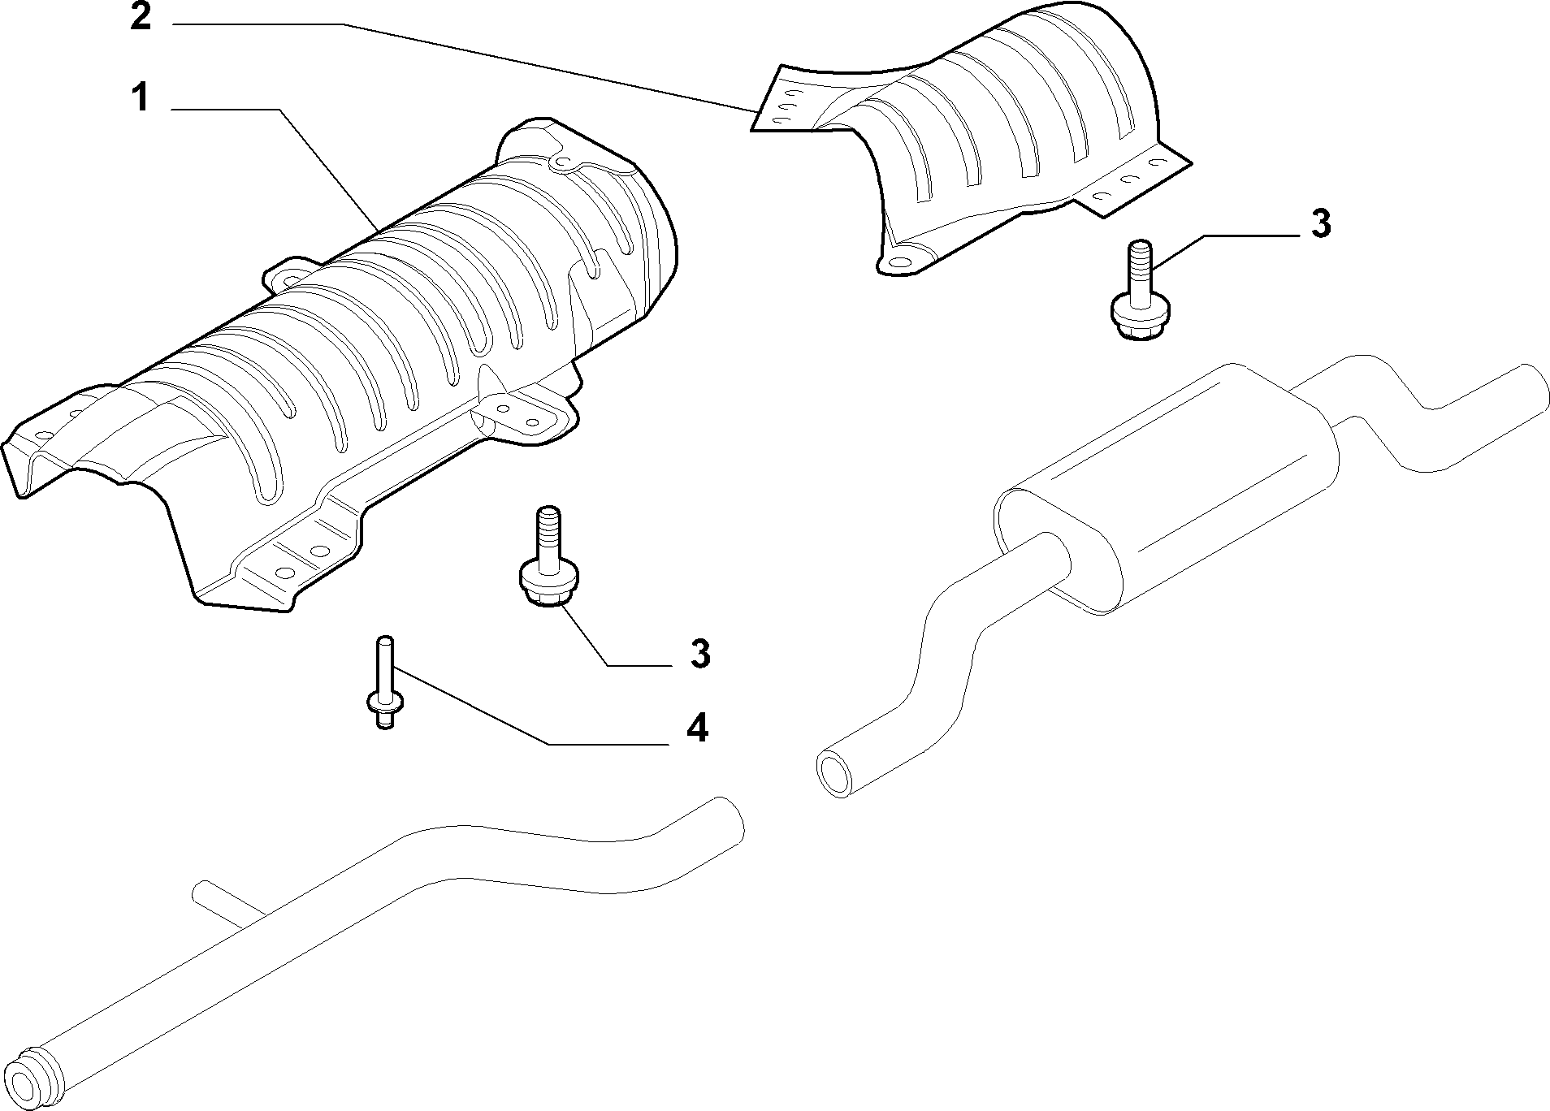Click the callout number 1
pos(140,97)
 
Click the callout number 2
pos(141,18)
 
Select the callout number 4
pos(697,728)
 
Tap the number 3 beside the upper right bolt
pos(1321,223)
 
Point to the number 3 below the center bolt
pos(700,654)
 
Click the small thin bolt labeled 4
pos(384,682)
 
